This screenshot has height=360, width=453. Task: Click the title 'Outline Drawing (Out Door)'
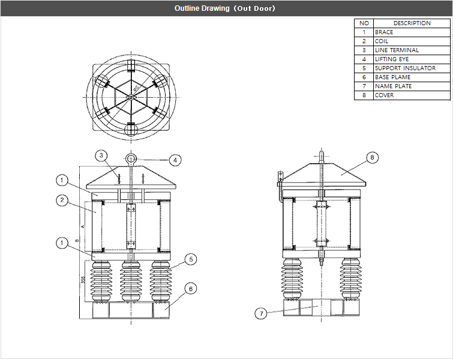(x=226, y=8)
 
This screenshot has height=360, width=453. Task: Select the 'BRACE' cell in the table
(x=384, y=32)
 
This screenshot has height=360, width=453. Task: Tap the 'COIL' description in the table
(x=382, y=41)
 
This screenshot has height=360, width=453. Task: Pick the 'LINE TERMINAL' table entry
(x=397, y=50)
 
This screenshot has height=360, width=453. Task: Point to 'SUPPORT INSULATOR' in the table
(x=405, y=68)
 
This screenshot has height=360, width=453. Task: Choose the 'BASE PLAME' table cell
(x=392, y=77)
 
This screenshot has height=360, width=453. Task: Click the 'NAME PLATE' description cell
(x=393, y=86)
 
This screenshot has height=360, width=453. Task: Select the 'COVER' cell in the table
(x=385, y=95)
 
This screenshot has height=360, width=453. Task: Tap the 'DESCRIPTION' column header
(x=412, y=23)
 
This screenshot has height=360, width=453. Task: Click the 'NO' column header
(x=364, y=23)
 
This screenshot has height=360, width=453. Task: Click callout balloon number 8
(x=372, y=158)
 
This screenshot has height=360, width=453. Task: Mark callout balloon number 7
(x=260, y=313)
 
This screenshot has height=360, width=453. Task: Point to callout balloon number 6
(x=190, y=289)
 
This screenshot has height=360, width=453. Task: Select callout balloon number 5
(x=190, y=259)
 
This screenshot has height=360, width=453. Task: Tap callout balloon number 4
(x=174, y=160)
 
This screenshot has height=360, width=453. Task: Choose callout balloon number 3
(x=102, y=155)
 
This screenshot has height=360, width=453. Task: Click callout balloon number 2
(x=62, y=201)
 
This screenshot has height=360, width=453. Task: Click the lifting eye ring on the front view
(x=130, y=158)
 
